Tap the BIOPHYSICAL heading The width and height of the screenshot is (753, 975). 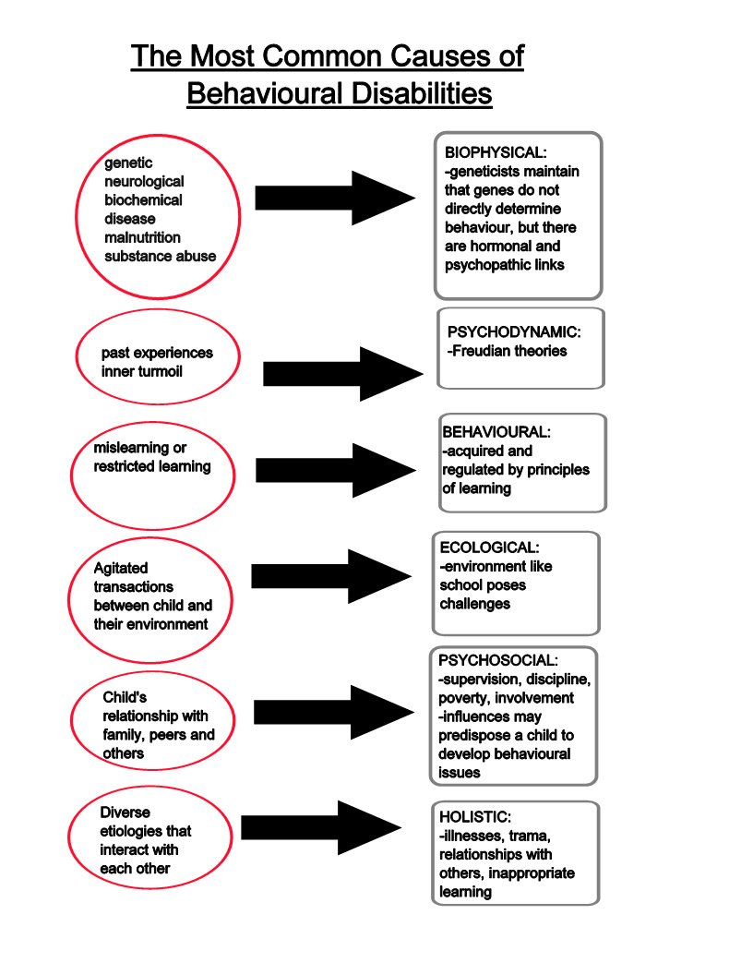point(496,152)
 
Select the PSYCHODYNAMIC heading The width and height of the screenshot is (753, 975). point(513,331)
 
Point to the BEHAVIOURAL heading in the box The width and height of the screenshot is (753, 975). point(496,432)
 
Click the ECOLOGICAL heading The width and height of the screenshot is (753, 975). point(489,548)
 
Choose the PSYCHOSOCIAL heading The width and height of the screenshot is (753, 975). point(497,661)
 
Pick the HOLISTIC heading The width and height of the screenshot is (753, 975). point(474,817)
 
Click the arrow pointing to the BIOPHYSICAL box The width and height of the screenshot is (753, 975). point(334,198)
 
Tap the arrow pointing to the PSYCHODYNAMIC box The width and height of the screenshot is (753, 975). point(341,373)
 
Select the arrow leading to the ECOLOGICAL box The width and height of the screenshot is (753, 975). point(330,576)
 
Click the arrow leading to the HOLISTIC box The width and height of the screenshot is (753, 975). point(320,827)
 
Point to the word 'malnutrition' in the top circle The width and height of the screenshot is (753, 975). point(142,237)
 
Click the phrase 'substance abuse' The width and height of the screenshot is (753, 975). point(160,256)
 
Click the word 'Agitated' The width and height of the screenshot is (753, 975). point(120,568)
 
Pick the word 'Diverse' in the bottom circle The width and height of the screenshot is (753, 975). point(125,812)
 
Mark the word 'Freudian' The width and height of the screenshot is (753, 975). point(479,351)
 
